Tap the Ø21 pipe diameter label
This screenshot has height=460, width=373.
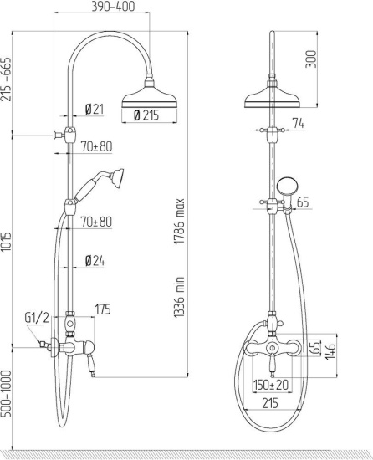coord(94,110)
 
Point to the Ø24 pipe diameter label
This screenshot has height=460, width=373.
coord(94,261)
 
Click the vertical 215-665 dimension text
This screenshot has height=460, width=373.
coord(8,79)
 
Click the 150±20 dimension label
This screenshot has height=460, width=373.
coord(272,385)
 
